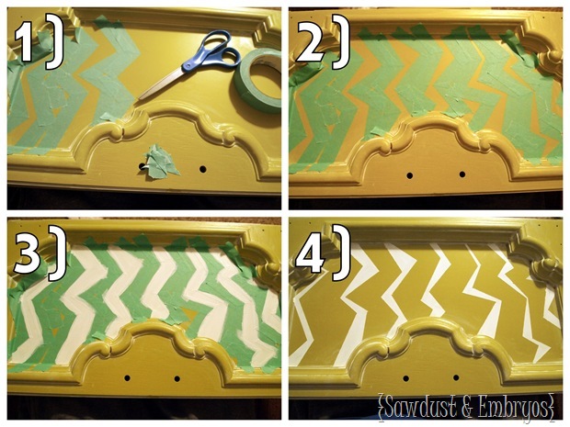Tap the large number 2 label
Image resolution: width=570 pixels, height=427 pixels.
click(311, 39)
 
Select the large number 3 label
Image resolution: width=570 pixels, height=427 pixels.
click(28, 252)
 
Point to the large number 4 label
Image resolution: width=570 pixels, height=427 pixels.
click(310, 252)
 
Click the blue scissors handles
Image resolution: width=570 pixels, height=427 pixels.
click(214, 51)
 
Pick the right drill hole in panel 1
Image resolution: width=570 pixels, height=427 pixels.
click(202, 169)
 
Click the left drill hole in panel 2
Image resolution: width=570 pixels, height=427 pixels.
click(410, 175)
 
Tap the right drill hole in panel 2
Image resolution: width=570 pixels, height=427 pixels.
click(462, 174)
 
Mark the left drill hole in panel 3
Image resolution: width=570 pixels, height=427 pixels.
click(127, 378)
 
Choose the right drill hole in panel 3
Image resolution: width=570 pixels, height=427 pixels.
click(177, 378)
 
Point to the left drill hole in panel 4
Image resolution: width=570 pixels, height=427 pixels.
click(406, 378)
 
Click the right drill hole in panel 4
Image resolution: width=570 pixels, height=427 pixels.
click(456, 378)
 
